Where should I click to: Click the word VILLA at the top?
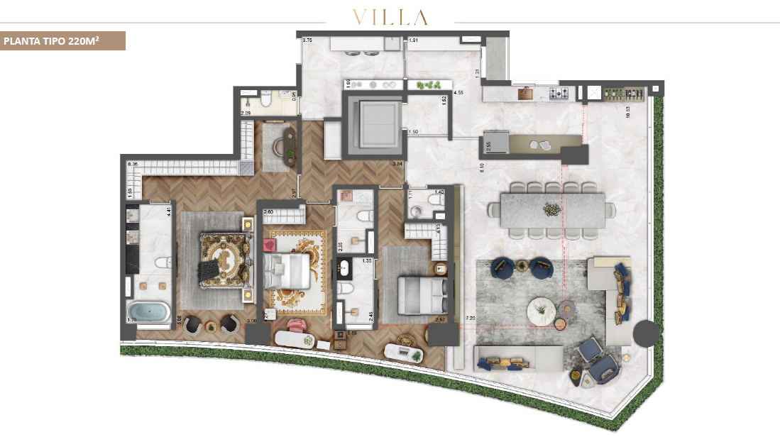click(x=389, y=18)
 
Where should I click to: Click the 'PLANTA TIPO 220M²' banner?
click(x=62, y=41)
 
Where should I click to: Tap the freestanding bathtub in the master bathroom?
click(x=148, y=312)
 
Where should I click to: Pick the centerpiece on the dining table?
click(x=551, y=209)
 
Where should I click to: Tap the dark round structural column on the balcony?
click(x=645, y=333)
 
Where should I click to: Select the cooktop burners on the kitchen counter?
click(x=563, y=93)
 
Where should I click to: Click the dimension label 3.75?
click(x=308, y=41)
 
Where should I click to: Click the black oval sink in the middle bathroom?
click(x=345, y=267)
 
